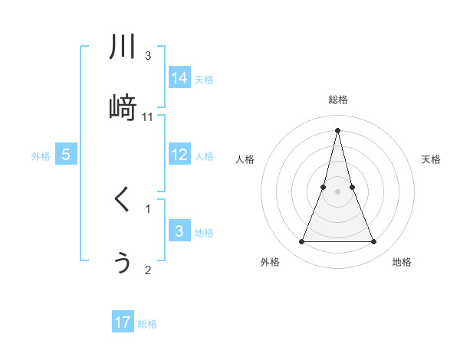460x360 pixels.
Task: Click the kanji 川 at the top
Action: click(123, 47)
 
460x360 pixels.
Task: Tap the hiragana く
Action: click(123, 200)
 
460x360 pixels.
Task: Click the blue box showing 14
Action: click(179, 78)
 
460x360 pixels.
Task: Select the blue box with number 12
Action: click(179, 155)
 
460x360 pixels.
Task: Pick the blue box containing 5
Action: click(66, 155)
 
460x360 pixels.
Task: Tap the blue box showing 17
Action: click(123, 322)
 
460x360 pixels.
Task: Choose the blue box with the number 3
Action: click(179, 231)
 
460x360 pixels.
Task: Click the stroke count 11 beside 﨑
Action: click(148, 117)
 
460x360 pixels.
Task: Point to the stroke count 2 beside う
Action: click(148, 270)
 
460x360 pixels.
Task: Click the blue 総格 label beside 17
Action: click(147, 324)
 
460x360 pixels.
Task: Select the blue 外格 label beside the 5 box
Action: click(41, 156)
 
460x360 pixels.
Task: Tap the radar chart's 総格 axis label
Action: click(337, 100)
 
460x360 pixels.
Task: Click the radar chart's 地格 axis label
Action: click(402, 262)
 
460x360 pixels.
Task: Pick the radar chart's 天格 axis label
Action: click(432, 159)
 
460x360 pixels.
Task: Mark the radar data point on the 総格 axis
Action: click(337, 129)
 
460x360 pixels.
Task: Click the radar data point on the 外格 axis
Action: click(302, 242)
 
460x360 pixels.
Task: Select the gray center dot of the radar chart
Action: click(337, 191)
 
